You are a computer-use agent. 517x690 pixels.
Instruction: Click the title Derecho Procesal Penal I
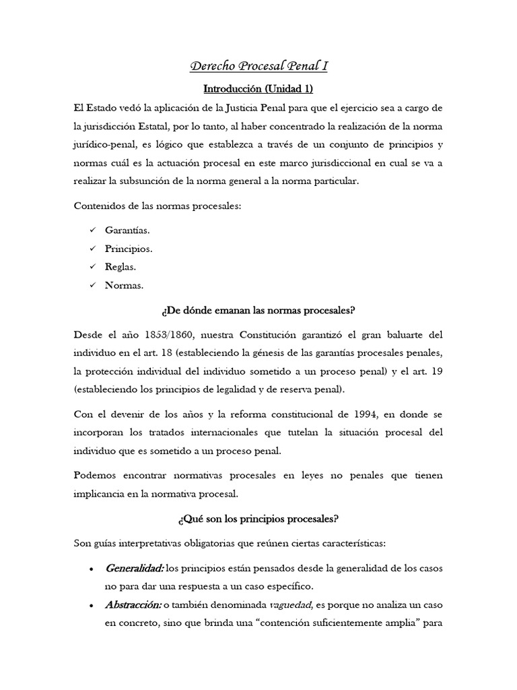pyautogui.click(x=258, y=67)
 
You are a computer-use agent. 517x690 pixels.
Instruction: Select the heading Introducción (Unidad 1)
pyautogui.click(x=258, y=88)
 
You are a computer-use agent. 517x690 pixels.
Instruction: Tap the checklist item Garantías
pyautogui.click(x=127, y=230)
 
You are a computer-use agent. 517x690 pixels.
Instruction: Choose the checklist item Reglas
pyautogui.click(x=120, y=267)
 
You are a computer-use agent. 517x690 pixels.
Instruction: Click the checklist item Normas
pyautogui.click(x=124, y=285)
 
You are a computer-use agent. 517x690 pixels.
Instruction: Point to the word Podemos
pyautogui.click(x=94, y=475)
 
